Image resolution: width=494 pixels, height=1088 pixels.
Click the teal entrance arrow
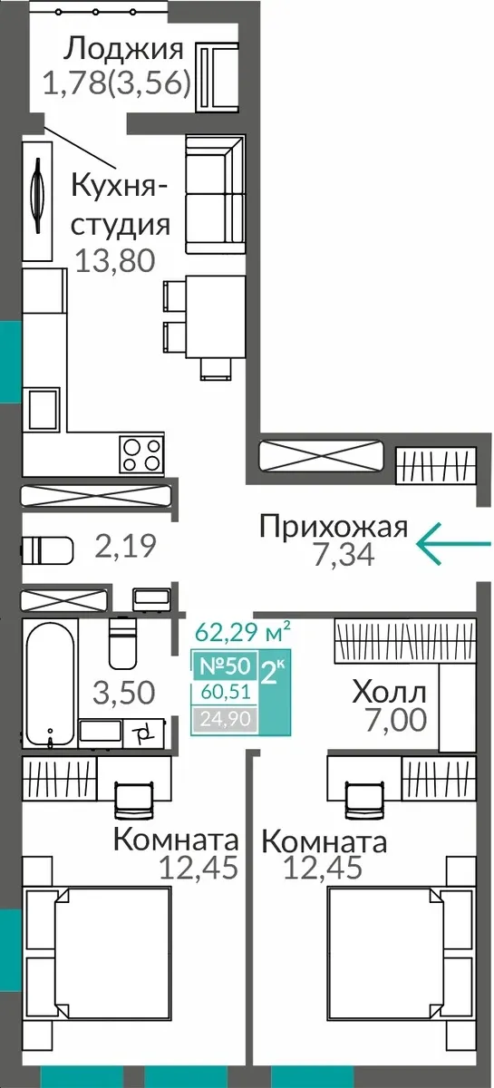point(452,543)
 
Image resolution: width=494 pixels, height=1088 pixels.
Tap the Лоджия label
point(124,50)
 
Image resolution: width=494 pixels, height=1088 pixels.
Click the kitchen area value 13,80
point(115,260)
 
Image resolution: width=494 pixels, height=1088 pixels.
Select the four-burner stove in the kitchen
point(141,453)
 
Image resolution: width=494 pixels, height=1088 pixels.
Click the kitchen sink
point(44,408)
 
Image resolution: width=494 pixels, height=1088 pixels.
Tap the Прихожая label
point(334,527)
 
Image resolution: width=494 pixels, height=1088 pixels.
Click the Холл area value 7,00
point(396,719)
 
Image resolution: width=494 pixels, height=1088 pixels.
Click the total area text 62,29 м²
point(242,632)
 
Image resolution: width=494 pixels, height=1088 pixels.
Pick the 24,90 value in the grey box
point(226,718)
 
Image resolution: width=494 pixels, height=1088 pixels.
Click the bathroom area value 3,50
point(124,692)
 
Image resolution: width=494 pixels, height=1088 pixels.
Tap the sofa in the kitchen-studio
point(215,194)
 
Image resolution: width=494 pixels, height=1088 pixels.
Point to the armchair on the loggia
point(218,77)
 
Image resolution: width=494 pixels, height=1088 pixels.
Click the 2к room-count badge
point(275,692)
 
